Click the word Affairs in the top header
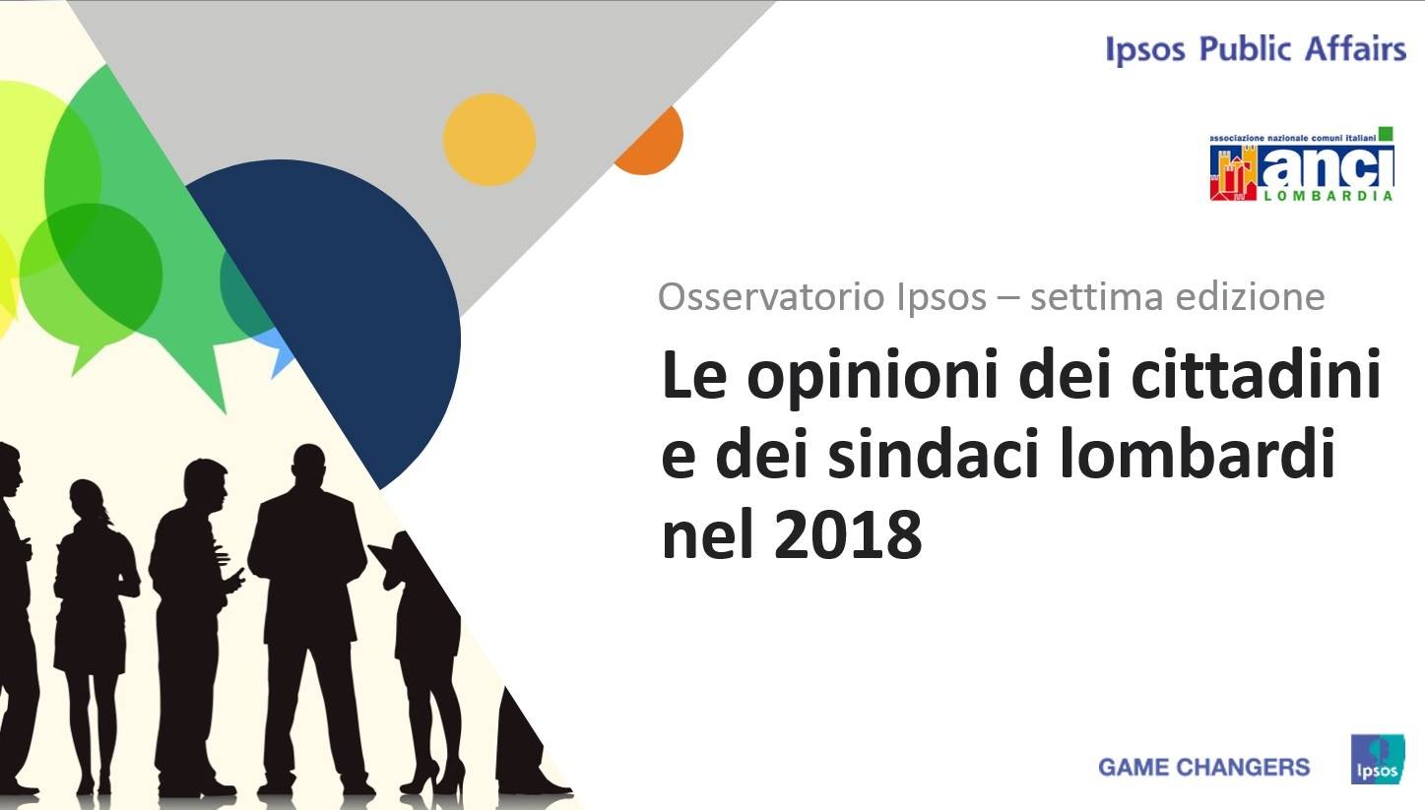pos(1355,49)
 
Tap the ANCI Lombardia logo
pos(1302,164)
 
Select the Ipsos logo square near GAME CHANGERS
pos(1378,759)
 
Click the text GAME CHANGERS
pos(1203,767)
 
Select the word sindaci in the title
pos(934,453)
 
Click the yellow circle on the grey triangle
pos(488,139)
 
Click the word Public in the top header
pos(1245,49)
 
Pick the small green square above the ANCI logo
pos(1387,134)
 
